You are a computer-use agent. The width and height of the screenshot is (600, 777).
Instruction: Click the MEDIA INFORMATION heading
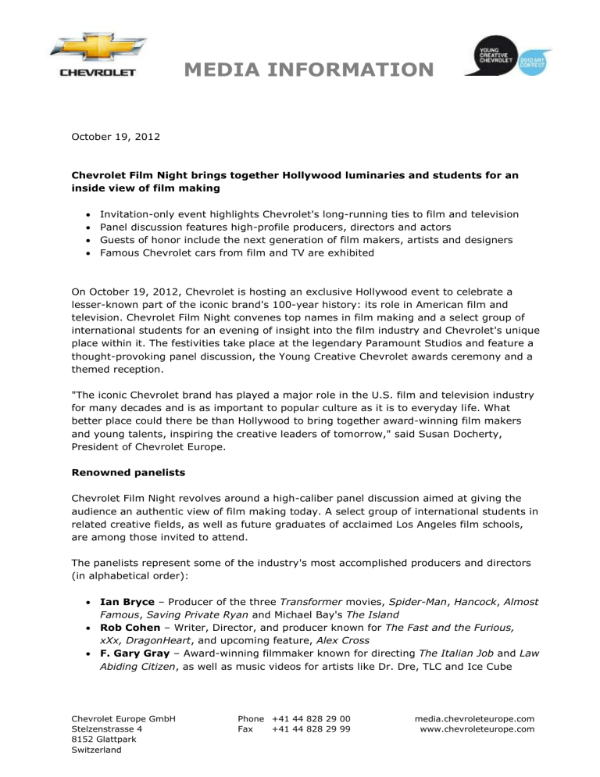[308, 70]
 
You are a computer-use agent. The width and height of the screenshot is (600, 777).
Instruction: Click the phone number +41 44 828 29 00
[310, 719]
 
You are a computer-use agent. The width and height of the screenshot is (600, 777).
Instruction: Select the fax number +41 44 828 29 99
[310, 730]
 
